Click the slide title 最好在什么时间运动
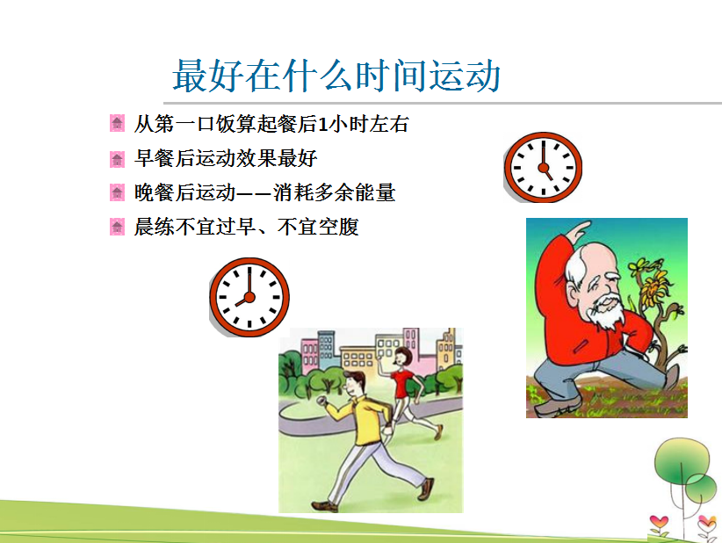click(x=336, y=76)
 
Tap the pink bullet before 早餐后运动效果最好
click(x=117, y=159)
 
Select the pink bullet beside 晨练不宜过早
click(x=117, y=227)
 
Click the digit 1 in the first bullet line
click(x=323, y=125)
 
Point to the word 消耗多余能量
click(x=335, y=192)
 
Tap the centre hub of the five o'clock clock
click(x=544, y=167)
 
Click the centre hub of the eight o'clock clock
click(x=249, y=297)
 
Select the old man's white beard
click(x=607, y=312)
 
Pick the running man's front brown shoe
click(x=426, y=489)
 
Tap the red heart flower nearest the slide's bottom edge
click(x=659, y=522)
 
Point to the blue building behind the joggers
click(x=325, y=349)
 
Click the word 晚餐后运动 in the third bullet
click(x=185, y=192)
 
